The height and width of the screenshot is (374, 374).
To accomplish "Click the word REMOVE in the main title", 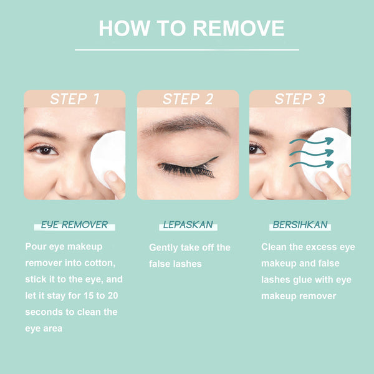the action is (x=239, y=28).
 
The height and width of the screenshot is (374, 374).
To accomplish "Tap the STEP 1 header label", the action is (x=75, y=98).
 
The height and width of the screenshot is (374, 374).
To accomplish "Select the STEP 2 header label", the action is (x=188, y=98).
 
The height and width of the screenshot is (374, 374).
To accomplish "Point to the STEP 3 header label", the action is (x=300, y=98).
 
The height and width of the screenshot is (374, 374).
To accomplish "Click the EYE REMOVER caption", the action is (x=74, y=225).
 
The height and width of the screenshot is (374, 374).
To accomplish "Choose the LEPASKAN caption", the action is (x=188, y=224).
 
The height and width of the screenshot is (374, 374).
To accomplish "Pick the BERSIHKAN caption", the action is (x=300, y=224).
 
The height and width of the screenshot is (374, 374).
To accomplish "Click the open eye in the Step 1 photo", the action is (x=45, y=150).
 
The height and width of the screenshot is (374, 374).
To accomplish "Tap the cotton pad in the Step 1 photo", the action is (x=108, y=158).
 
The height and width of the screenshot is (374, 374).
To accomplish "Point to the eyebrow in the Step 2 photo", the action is (x=184, y=124).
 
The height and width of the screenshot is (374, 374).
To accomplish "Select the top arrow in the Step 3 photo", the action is (x=312, y=141).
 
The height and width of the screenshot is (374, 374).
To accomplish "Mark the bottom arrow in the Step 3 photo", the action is (x=312, y=165).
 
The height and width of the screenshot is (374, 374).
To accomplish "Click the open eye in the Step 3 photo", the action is (x=256, y=150).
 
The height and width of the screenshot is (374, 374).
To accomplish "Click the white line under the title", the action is (x=187, y=50).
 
